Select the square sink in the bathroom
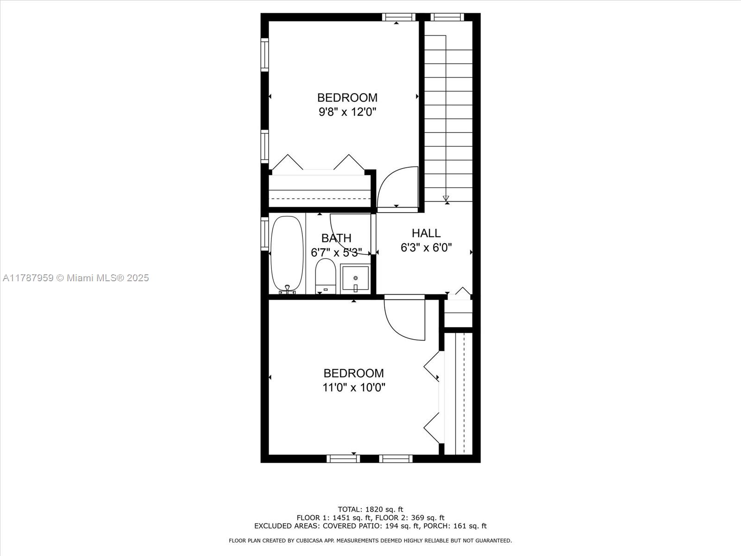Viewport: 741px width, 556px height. [x=355, y=279]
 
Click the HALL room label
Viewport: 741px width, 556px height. [x=426, y=233]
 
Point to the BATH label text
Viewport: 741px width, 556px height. [x=336, y=238]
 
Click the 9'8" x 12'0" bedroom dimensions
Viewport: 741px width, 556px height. [x=347, y=112]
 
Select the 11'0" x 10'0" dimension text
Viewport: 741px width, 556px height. [x=354, y=387]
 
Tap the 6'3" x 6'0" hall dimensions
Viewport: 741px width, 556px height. [x=426, y=248]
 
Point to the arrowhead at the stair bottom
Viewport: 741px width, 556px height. [x=446, y=198]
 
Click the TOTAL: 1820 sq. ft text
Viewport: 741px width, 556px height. [x=370, y=509]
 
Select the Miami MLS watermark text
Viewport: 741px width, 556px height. [x=75, y=278]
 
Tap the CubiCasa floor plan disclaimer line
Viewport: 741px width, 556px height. [x=370, y=540]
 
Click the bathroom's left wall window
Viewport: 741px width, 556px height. [x=265, y=234]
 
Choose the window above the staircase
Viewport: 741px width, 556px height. [x=447, y=17]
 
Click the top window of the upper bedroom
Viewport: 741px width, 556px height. [x=398, y=17]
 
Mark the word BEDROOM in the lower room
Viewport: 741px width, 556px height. [x=354, y=373]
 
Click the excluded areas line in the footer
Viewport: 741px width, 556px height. [x=370, y=526]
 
